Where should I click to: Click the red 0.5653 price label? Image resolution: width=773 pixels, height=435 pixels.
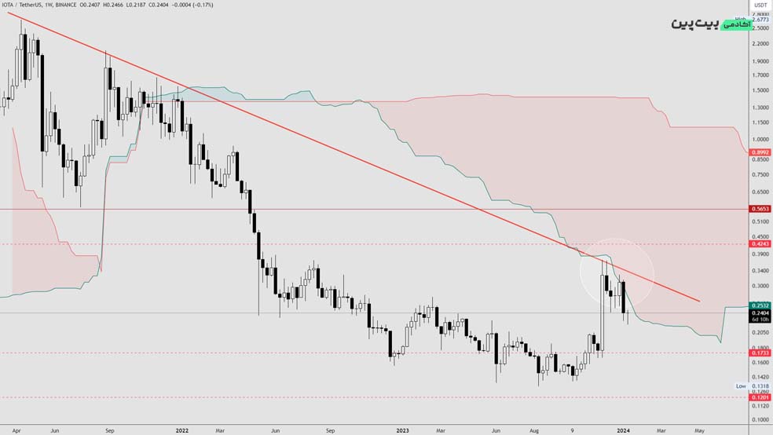pos(760,210)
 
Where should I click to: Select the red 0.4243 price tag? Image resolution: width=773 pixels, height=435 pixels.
pos(760,244)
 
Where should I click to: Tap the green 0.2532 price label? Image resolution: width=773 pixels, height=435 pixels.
pos(760,305)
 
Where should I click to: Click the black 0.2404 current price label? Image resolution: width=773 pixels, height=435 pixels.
pos(760,313)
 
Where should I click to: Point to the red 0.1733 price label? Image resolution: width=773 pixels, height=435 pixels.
pos(760,353)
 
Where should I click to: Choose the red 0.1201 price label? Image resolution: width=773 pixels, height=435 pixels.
pos(760,397)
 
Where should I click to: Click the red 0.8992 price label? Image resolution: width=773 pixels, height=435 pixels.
pos(760,152)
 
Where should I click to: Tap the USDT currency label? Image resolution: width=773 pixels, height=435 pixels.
pos(760,5)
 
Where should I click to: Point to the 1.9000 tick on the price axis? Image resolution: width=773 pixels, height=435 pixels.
pos(760,61)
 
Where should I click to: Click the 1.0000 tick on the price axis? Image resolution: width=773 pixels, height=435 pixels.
pos(760,139)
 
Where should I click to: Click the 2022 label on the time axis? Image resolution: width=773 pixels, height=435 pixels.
pos(182,430)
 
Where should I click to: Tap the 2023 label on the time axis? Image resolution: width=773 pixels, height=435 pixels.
pos(402,430)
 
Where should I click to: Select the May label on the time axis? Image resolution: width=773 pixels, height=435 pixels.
pos(698,430)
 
